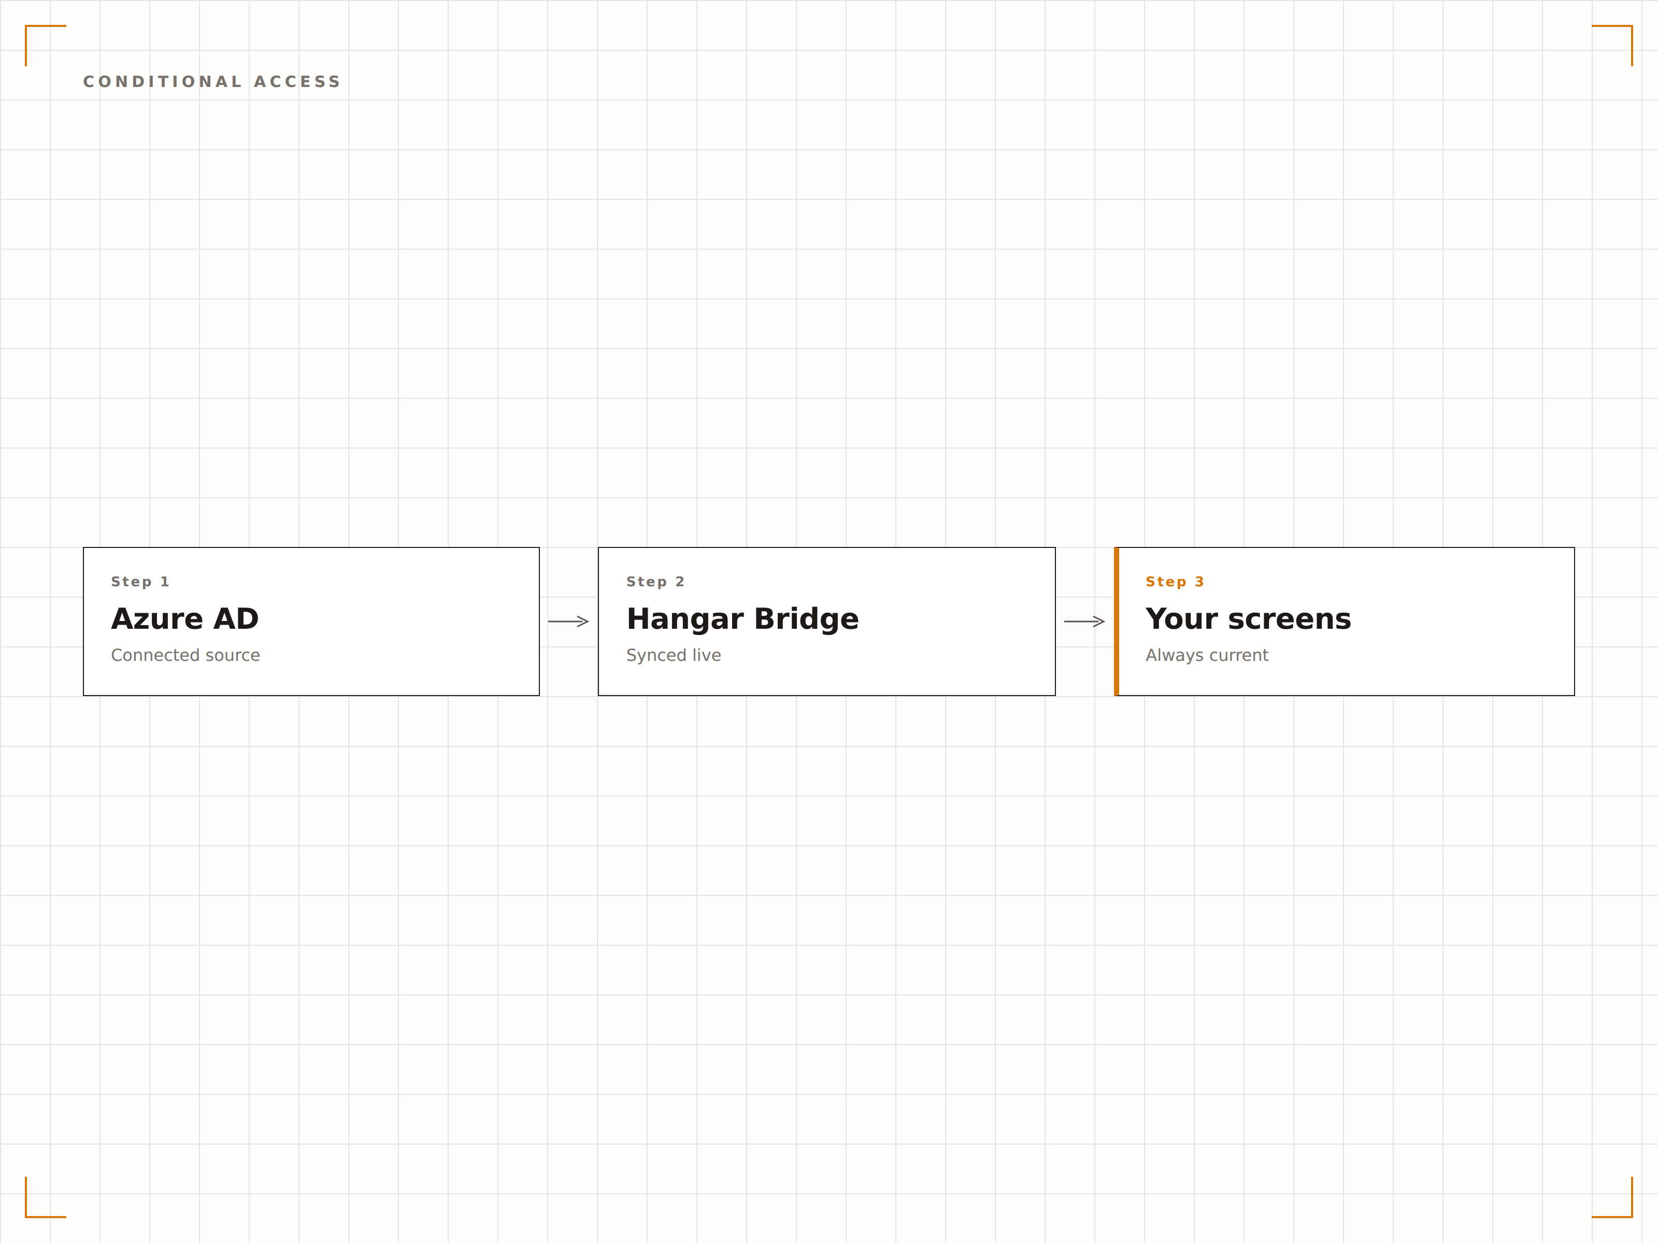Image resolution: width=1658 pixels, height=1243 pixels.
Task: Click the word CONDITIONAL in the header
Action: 163,82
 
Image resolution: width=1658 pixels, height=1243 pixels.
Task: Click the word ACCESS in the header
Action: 297,82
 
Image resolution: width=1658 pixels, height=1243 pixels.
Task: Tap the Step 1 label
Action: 140,582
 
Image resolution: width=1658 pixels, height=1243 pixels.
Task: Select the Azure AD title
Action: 185,619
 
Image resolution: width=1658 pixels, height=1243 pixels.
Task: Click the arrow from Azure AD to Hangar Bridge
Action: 568,621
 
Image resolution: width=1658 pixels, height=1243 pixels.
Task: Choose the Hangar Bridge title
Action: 743,619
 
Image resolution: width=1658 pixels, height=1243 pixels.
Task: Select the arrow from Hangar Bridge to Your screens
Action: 1084,621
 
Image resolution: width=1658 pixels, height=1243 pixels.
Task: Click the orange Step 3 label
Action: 1175,582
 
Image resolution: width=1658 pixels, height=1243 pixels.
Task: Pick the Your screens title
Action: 1248,619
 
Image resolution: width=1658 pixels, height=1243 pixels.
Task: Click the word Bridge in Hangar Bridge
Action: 807,619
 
